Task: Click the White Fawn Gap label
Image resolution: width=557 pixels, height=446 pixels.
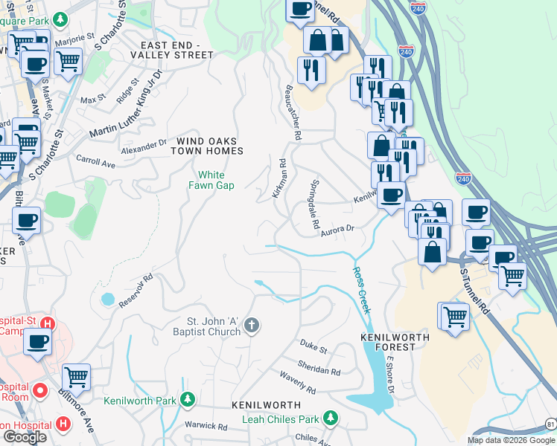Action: pyautogui.click(x=215, y=181)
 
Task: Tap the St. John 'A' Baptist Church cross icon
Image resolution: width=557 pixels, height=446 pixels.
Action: pyautogui.click(x=252, y=324)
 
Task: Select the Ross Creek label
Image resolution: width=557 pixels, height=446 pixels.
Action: pyautogui.click(x=361, y=290)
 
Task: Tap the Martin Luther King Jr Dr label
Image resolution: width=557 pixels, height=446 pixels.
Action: pyautogui.click(x=127, y=104)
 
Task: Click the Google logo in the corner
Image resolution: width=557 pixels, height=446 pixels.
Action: pyautogui.click(x=25, y=437)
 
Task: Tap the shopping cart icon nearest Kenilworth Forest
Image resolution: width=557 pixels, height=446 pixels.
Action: pyautogui.click(x=453, y=316)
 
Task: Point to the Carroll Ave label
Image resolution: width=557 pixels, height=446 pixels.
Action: pyautogui.click(x=95, y=161)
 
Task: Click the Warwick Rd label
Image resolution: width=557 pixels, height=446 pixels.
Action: pyautogui.click(x=206, y=427)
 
